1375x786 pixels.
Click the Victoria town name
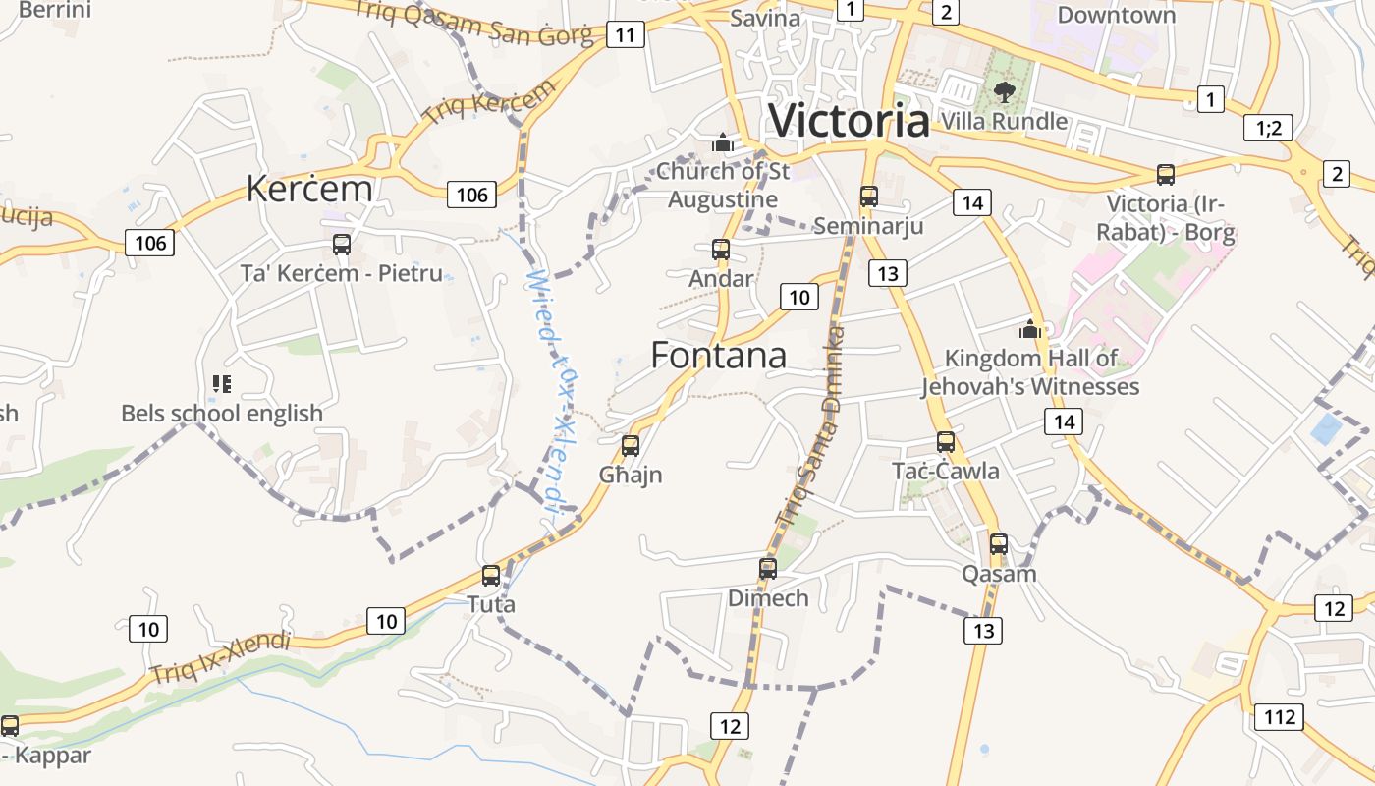[849, 121]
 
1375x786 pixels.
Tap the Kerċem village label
[309, 188]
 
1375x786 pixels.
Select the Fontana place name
[719, 356]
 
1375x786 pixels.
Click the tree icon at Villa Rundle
[1004, 92]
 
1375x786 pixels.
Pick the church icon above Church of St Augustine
[723, 143]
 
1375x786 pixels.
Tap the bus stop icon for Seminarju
[869, 196]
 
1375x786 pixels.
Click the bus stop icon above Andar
[721, 250]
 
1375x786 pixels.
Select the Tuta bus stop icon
[491, 576]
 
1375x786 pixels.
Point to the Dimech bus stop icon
[768, 568]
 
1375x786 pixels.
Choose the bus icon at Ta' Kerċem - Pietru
[342, 245]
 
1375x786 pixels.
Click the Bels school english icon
[222, 384]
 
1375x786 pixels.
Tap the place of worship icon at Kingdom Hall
[1030, 329]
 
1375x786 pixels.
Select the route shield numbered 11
[626, 35]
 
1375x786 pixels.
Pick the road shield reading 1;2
[1268, 128]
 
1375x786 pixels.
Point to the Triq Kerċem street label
[488, 104]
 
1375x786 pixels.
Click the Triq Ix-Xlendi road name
[221, 658]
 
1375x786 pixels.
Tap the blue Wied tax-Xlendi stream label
[549, 393]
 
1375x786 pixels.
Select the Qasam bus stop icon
[999, 543]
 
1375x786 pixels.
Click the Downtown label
[1116, 15]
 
